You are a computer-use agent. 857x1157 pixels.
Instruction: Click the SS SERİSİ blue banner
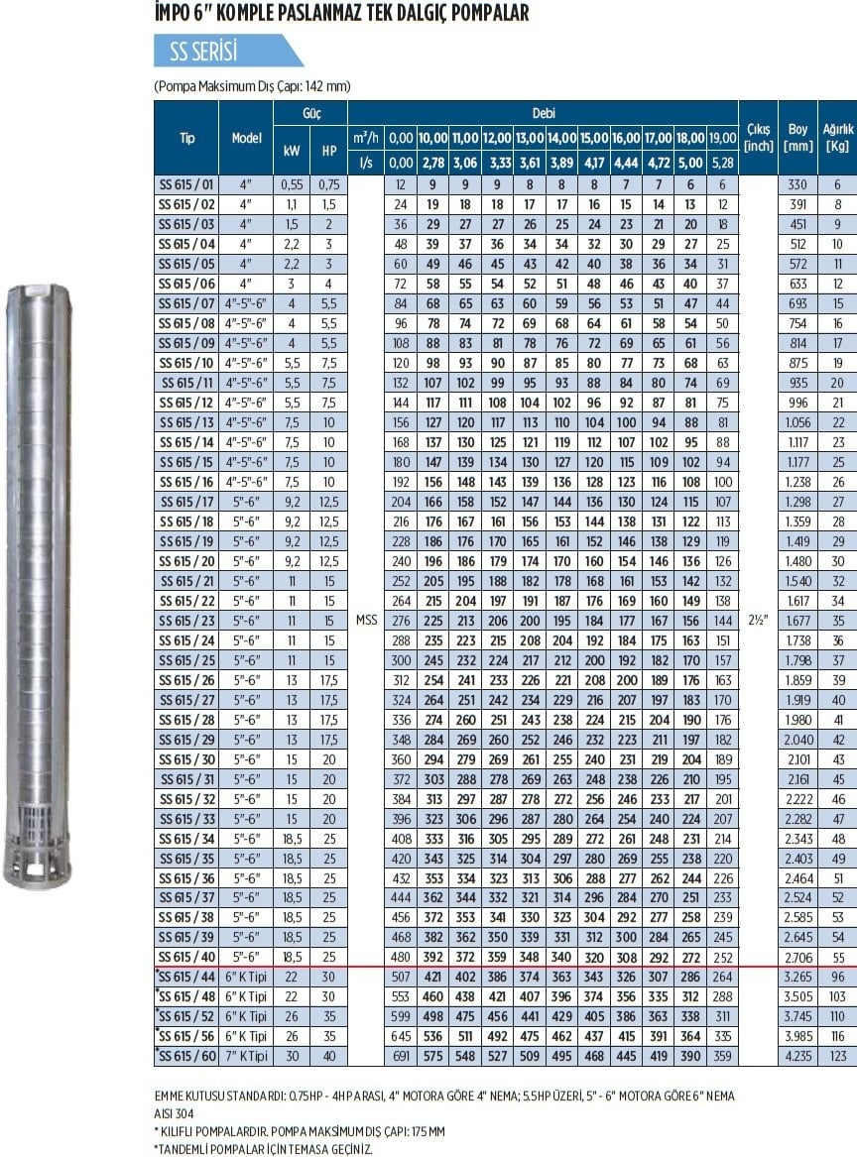pyautogui.click(x=227, y=51)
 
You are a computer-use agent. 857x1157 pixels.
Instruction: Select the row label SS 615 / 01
pyautogui.click(x=186, y=184)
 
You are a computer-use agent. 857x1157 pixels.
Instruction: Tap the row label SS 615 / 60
pyautogui.click(x=186, y=1056)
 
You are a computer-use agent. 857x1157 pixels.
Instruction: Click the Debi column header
pyautogui.click(x=544, y=114)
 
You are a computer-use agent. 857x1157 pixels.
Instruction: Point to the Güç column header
pyautogui.click(x=311, y=114)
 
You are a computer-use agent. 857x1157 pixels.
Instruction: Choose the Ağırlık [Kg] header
pyautogui.click(x=837, y=137)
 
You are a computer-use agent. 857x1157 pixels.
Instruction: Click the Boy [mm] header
pyautogui.click(x=797, y=137)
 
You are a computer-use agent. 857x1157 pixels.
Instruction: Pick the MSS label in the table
pyautogui.click(x=366, y=620)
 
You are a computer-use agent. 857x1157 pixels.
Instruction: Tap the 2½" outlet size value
pyautogui.click(x=758, y=620)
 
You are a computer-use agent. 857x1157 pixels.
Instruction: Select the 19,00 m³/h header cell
pyautogui.click(x=723, y=138)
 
